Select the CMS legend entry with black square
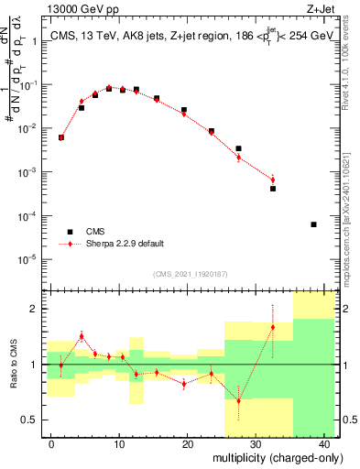point(71,232)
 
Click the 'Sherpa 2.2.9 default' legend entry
point(71,245)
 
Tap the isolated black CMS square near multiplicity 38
point(313,224)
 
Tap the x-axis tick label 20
point(188,444)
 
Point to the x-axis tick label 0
point(51,444)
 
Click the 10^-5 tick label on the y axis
point(31,259)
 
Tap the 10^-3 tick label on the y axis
point(31,172)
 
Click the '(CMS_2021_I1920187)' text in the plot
point(190,274)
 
